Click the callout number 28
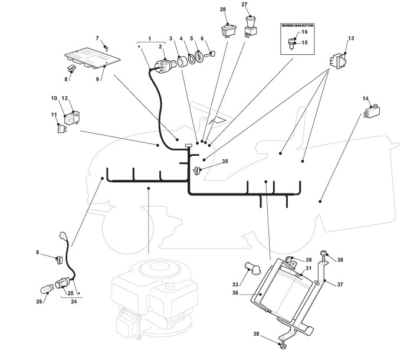pyautogui.click(x=223, y=10)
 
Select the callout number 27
pyautogui.click(x=244, y=5)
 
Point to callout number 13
pyautogui.click(x=351, y=38)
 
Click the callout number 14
pyautogui.click(x=366, y=99)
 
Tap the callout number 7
pyautogui.click(x=98, y=39)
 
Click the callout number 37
pyautogui.click(x=340, y=284)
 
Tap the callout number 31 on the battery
pyautogui.click(x=308, y=269)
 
